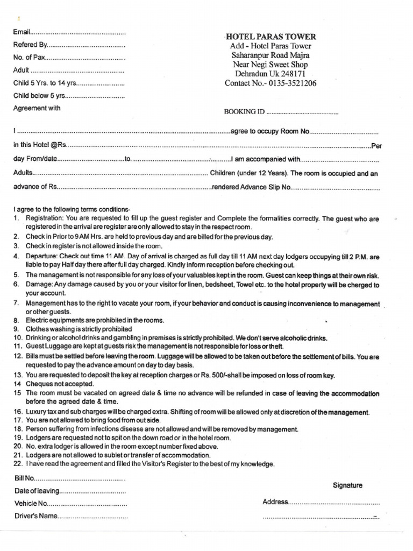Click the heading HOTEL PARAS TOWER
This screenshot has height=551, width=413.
(x=270, y=37)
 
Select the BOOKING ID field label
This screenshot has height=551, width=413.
(x=244, y=112)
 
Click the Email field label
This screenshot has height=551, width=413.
(x=22, y=33)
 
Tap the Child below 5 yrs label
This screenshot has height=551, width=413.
(x=39, y=95)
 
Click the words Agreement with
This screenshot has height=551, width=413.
(x=37, y=108)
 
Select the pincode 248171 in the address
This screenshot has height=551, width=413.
(x=293, y=74)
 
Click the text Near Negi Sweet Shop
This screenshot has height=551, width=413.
(x=270, y=65)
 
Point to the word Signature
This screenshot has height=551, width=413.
(x=347, y=485)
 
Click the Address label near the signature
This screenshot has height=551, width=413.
(x=275, y=502)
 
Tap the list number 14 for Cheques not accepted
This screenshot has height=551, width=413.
(x=17, y=384)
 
